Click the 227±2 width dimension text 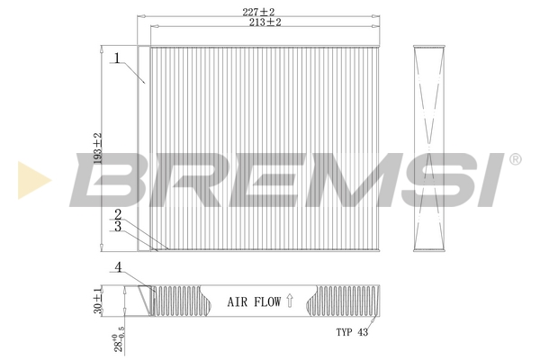pyautogui.click(x=258, y=12)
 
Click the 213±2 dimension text pyautogui.click(x=265, y=22)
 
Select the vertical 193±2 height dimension pyautogui.click(x=98, y=148)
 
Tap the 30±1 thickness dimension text pyautogui.click(x=98, y=300)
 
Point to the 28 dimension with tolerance pyautogui.click(x=119, y=339)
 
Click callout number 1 pyautogui.click(x=117, y=58)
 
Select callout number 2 pyautogui.click(x=118, y=214)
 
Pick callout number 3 pyautogui.click(x=118, y=226)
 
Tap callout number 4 pyautogui.click(x=119, y=267)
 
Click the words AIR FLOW pyautogui.click(x=254, y=302)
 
